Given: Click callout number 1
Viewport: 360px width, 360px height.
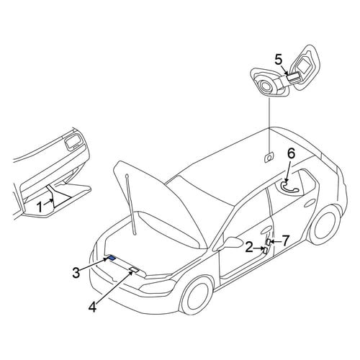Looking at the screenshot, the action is (x=40, y=207).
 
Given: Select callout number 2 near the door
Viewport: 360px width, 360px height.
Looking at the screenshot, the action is (x=249, y=247).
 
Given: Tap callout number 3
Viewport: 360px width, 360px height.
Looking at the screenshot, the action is (x=76, y=273).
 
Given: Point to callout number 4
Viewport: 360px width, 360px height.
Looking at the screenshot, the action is (x=93, y=307).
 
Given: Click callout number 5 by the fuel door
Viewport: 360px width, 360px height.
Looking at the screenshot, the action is (x=279, y=60).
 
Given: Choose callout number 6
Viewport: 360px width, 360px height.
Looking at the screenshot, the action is (x=291, y=154).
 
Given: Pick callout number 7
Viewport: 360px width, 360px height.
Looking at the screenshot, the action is (x=285, y=240).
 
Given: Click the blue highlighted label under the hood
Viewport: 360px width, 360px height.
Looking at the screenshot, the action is (x=112, y=258).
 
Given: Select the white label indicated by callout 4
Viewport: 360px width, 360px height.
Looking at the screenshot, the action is (x=134, y=269).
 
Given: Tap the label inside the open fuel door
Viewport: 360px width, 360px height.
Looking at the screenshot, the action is (x=293, y=77).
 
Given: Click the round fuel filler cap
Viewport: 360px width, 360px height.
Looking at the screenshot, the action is (x=266, y=86).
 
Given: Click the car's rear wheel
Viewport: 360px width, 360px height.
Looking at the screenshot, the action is (x=326, y=225).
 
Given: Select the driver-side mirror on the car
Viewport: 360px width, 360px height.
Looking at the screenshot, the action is (x=233, y=242).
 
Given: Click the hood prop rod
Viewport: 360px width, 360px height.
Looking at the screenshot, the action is (x=131, y=204).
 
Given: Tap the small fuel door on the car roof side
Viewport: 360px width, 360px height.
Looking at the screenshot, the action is (x=269, y=158).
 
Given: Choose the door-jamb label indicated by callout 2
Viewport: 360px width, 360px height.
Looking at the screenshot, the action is (x=265, y=251).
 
